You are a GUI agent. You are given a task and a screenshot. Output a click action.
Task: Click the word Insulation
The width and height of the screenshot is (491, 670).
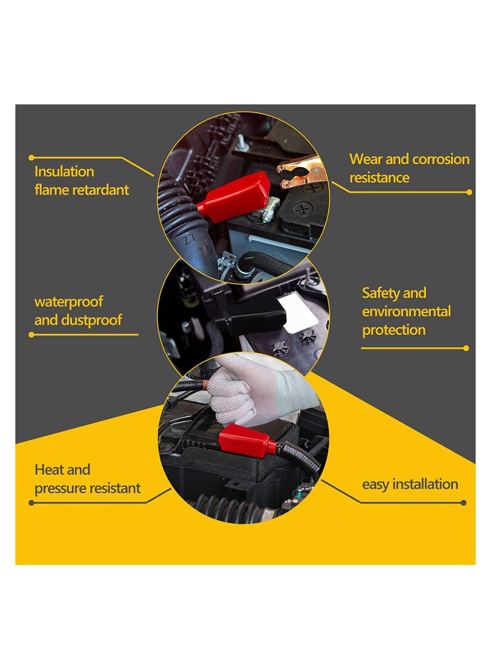(64, 171)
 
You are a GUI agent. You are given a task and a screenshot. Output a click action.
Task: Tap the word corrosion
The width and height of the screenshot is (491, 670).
(440, 159)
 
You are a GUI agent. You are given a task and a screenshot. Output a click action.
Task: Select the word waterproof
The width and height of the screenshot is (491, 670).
(68, 302)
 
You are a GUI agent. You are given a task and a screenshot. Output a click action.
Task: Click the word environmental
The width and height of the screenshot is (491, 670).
(406, 311)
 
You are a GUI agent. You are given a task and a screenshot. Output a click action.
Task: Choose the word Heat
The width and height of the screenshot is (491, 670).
(48, 470)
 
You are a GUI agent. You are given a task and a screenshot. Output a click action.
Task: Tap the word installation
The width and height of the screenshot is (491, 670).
(425, 484)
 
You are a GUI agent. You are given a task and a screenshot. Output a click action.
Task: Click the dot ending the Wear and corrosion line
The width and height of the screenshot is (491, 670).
(469, 192)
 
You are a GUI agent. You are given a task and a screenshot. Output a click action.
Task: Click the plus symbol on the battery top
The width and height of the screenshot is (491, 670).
(312, 188)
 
